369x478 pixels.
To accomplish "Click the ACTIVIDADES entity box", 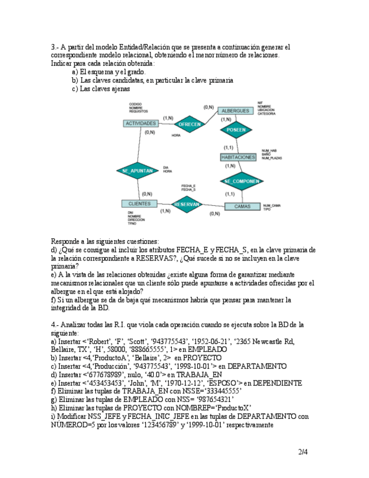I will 141,123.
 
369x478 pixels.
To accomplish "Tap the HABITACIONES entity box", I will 238,157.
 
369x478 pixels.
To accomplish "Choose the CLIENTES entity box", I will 139,203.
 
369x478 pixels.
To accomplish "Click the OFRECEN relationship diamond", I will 189,124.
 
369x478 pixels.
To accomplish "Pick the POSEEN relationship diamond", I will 236,130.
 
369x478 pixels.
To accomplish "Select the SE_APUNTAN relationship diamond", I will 137,170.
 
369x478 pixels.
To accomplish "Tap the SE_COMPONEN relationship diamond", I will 241,181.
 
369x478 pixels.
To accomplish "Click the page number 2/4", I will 303,452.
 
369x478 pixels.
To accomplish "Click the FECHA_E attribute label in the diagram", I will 188,185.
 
